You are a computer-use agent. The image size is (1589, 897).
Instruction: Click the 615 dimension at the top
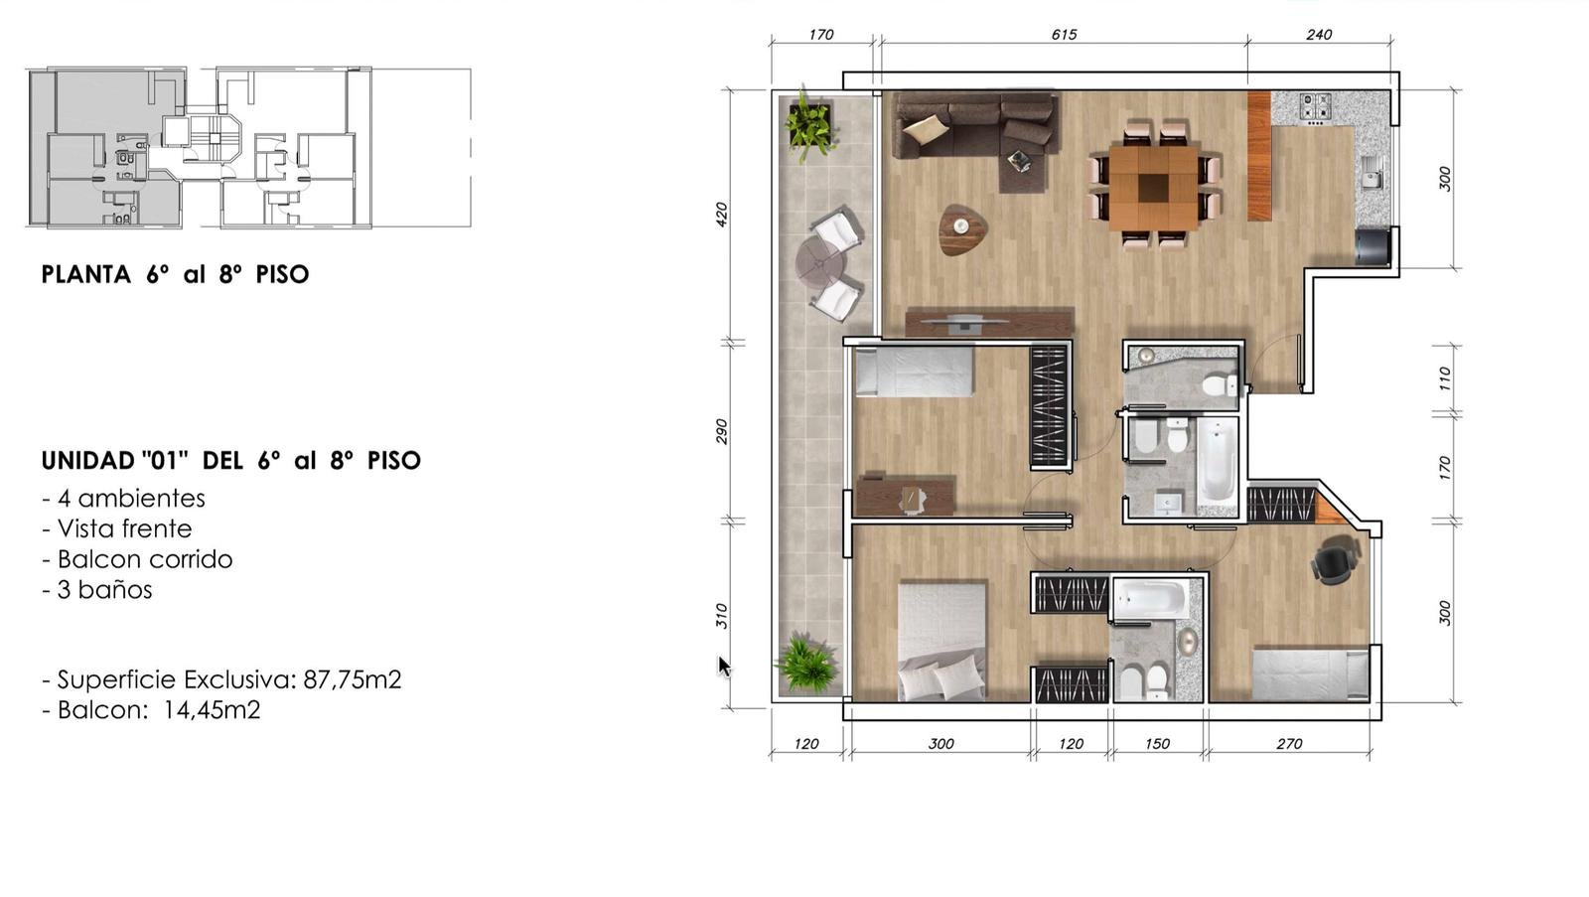1064,35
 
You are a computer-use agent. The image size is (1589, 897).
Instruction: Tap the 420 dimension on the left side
721,215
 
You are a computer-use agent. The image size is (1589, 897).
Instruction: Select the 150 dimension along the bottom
1157,744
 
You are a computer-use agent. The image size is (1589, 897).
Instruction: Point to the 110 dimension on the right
1445,378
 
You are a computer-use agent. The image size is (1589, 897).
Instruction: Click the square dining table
1153,188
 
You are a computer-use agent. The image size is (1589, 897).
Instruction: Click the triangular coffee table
961,228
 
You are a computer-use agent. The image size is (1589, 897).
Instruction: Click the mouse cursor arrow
724,668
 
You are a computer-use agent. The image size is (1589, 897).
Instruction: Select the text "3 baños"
104,590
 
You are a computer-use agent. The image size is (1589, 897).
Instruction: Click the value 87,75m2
353,679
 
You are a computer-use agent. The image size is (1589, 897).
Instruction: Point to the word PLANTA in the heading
85,274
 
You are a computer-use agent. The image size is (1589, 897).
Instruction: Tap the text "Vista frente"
125,528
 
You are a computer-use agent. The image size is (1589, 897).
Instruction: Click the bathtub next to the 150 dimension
1150,598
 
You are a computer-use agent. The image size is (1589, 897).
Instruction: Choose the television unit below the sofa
989,322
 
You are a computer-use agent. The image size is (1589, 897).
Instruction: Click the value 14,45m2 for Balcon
212,710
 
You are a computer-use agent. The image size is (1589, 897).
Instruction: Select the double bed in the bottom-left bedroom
942,642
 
